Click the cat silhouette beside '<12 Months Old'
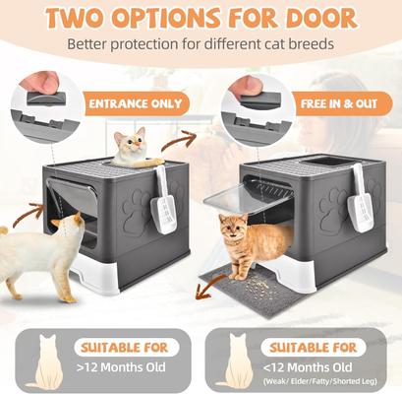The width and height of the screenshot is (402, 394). (x=237, y=361)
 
